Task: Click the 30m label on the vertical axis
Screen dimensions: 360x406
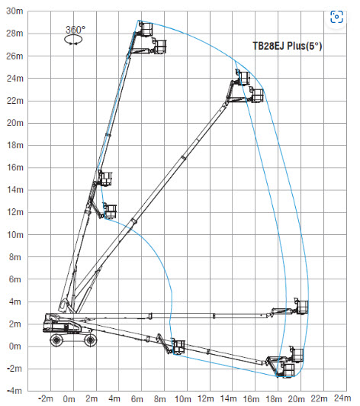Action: pyautogui.click(x=14, y=11)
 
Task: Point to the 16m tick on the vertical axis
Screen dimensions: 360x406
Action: pyautogui.click(x=15, y=168)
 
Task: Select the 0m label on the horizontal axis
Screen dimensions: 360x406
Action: pyautogui.click(x=69, y=398)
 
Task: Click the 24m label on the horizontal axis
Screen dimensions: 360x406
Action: pyautogui.click(x=342, y=398)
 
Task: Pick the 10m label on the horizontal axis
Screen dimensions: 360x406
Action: pyautogui.click(x=183, y=398)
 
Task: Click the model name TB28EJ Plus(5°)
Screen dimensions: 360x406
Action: pyautogui.click(x=288, y=46)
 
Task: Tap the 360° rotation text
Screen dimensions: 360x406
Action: pyautogui.click(x=76, y=30)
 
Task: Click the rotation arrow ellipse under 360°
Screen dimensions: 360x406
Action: pyautogui.click(x=73, y=40)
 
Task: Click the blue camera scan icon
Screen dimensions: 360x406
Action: pyautogui.click(x=336, y=17)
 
